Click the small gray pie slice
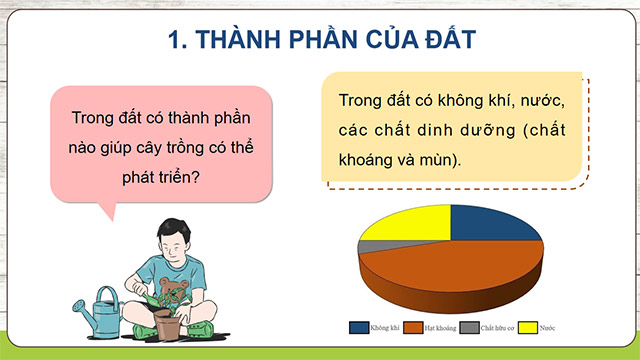(369, 245)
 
